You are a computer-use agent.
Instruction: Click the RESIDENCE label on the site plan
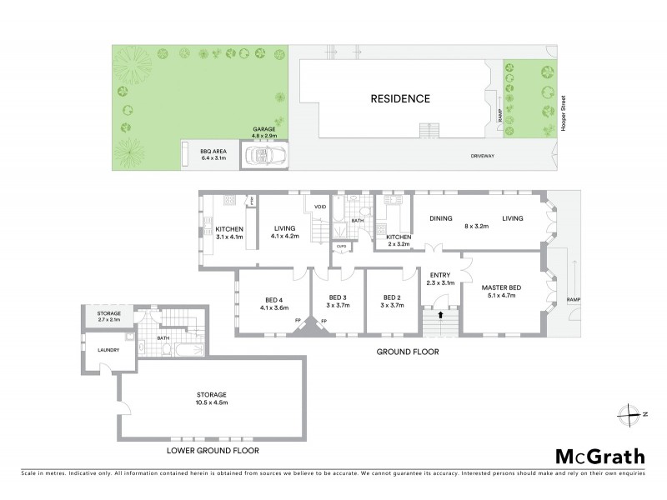pyautogui.click(x=400, y=99)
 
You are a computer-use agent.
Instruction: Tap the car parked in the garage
pyautogui.click(x=264, y=155)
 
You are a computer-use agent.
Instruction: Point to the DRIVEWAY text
pyautogui.click(x=484, y=155)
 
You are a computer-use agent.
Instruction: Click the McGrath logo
pyautogui.click(x=599, y=456)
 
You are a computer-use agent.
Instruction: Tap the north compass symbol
pyautogui.click(x=633, y=413)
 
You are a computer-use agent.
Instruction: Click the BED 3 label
pyautogui.click(x=337, y=297)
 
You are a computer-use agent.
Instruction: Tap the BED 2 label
pyautogui.click(x=392, y=297)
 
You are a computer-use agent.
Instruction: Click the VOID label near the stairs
pyautogui.click(x=319, y=207)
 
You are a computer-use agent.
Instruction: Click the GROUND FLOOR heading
pyautogui.click(x=408, y=352)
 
